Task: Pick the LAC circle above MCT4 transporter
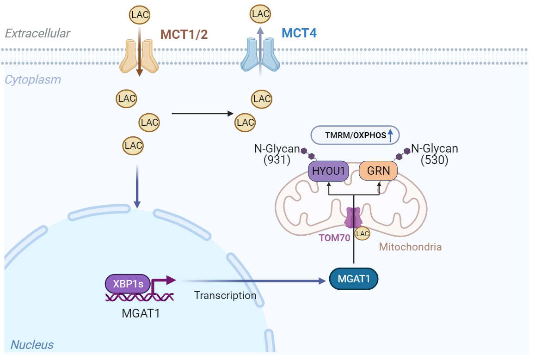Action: [260, 14]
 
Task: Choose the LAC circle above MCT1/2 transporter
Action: [139, 14]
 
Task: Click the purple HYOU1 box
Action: [328, 171]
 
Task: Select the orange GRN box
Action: [378, 171]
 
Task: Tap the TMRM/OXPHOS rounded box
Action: [355, 135]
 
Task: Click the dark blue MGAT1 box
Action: [354, 279]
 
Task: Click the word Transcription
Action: [225, 295]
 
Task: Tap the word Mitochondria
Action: [410, 247]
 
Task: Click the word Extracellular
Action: [37, 33]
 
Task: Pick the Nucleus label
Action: [32, 345]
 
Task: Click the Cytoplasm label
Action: [32, 79]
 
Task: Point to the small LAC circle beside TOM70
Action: [362, 234]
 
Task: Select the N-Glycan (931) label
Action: [277, 154]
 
